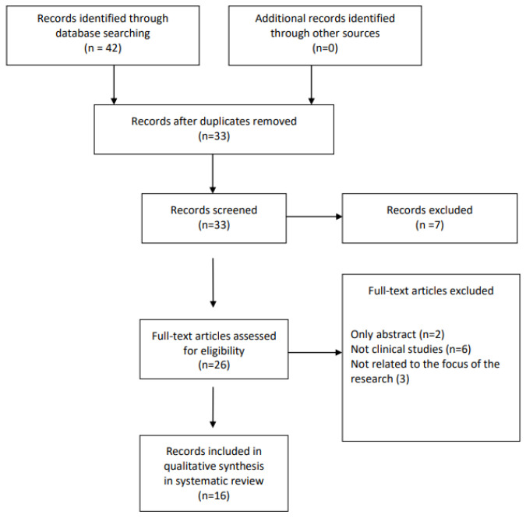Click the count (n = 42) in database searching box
[x=103, y=48]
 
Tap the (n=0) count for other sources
[x=325, y=48]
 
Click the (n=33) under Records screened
[x=214, y=224]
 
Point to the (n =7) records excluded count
[x=429, y=224]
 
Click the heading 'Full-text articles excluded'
[x=431, y=291]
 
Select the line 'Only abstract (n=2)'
[x=397, y=334]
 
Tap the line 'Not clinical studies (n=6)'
[x=411, y=349]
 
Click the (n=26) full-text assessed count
[x=214, y=365]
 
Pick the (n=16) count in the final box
[x=214, y=495]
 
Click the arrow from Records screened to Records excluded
[x=314, y=217]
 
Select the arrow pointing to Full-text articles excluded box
[x=315, y=352]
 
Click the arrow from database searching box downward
[x=114, y=84]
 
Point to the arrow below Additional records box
[x=311, y=84]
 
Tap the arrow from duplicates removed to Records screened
[x=213, y=174]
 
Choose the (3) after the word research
[x=403, y=379]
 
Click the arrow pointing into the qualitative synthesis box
[x=213, y=407]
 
